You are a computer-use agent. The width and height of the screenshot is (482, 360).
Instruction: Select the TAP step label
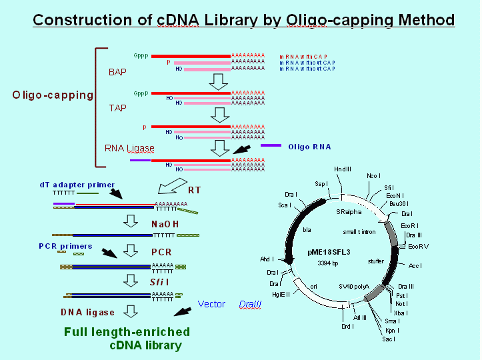tap(117, 107)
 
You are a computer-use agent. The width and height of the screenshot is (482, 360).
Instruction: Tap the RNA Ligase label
tap(129, 148)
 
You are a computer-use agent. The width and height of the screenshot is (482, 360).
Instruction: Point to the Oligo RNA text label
tap(309, 146)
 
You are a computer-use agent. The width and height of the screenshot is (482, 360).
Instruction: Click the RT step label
tap(194, 190)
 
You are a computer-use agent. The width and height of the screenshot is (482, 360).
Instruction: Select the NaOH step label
tap(165, 224)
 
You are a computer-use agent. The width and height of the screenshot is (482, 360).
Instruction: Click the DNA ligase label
tap(87, 312)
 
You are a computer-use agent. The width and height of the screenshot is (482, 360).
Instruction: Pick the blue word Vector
tap(211, 305)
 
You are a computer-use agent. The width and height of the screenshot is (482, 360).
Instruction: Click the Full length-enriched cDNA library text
tap(127, 339)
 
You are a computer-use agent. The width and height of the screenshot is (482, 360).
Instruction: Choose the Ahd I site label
tap(267, 259)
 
